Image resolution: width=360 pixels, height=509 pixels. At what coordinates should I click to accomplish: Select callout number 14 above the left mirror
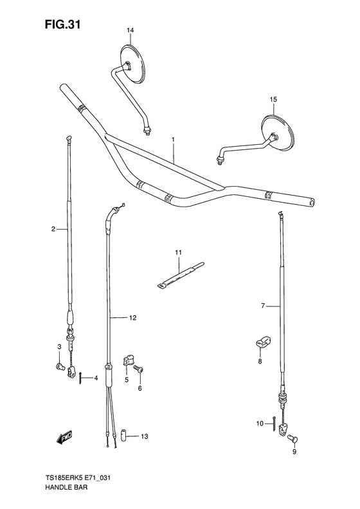tap(130, 30)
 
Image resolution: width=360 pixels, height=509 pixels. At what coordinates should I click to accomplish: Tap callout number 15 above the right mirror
tap(273, 99)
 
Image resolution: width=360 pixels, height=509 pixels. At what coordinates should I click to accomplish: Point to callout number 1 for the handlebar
tap(173, 140)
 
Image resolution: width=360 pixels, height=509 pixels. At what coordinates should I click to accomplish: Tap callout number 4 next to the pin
tap(95, 378)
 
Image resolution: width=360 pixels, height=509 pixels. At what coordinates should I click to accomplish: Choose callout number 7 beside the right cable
tap(262, 305)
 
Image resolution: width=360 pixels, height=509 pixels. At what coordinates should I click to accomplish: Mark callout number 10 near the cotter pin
tap(260, 423)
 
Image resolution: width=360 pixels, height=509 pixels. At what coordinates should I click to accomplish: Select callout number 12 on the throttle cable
tap(132, 318)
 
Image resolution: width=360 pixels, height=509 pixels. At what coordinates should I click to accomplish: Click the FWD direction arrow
tap(64, 438)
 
